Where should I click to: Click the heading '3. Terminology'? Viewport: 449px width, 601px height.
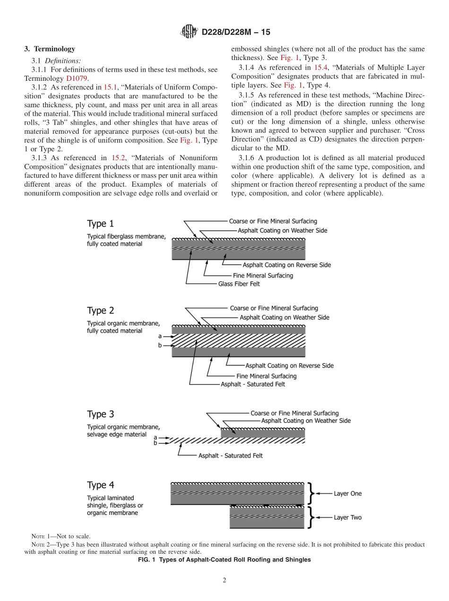coord(50,49)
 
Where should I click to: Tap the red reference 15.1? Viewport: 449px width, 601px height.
coord(110,87)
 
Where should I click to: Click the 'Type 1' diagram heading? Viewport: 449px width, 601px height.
coord(100,223)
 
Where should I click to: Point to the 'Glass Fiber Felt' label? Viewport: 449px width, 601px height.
coord(239,284)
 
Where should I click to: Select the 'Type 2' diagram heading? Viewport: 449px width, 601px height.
coord(100,310)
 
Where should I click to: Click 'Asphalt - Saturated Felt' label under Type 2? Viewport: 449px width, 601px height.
coord(253,384)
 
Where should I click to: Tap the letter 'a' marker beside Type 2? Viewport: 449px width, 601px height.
coord(160,336)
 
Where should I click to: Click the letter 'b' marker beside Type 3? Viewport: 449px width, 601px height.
coord(155,443)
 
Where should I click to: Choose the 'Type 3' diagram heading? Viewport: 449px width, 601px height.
coord(100,414)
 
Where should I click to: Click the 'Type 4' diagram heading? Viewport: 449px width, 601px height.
coord(100,485)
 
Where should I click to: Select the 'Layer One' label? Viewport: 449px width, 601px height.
coord(347,493)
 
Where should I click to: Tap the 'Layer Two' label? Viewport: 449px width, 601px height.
coord(347,517)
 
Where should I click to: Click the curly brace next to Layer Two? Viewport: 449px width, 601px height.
coord(310,517)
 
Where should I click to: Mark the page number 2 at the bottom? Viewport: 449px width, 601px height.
coord(224,581)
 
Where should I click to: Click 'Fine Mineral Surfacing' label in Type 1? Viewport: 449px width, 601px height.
coord(263,275)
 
